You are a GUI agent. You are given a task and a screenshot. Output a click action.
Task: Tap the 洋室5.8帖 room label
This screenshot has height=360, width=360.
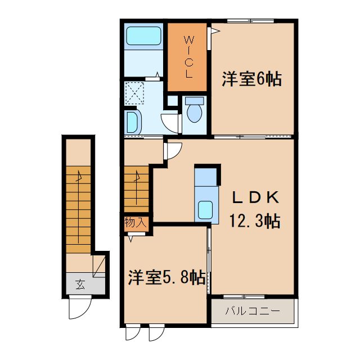165,277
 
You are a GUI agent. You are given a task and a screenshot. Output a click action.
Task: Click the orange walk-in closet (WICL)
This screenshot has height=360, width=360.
188,57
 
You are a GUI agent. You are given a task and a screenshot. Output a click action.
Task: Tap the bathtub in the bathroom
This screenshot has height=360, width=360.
144,37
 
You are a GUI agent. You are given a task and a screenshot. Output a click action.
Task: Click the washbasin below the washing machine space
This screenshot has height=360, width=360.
132,121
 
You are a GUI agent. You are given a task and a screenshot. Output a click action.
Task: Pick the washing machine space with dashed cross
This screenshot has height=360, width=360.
134,93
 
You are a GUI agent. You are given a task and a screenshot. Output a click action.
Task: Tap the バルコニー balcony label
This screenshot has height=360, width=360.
252,310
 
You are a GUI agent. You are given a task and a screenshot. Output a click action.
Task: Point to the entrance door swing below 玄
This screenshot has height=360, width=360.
79,308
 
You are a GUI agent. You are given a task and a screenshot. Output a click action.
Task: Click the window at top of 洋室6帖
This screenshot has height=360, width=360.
251,21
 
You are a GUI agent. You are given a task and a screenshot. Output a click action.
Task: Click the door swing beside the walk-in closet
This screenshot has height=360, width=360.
213,31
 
